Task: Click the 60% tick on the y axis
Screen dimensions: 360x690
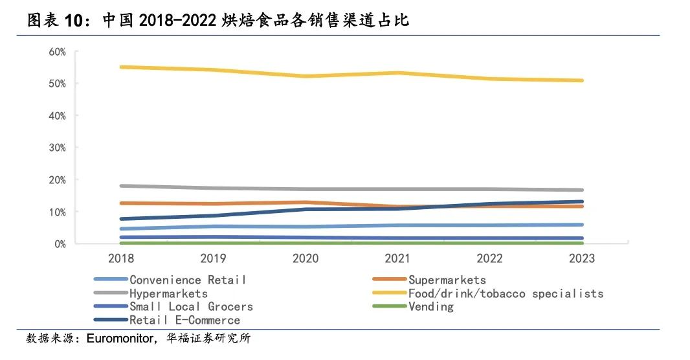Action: (57, 52)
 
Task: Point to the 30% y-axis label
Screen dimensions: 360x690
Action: (57, 148)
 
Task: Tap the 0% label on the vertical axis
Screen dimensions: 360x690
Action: (60, 244)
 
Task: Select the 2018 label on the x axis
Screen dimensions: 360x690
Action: (121, 258)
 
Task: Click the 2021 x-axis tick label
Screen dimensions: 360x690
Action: (397, 258)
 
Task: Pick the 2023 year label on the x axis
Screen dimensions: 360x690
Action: (581, 258)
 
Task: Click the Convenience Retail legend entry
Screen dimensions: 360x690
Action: (188, 280)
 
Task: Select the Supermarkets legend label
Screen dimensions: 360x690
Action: (447, 280)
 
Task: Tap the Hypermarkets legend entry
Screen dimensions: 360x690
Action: (168, 293)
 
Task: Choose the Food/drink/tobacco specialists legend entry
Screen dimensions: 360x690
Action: (506, 293)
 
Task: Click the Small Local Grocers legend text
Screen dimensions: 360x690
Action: (191, 306)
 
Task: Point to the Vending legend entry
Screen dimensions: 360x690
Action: (431, 306)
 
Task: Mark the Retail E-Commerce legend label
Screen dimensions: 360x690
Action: (184, 320)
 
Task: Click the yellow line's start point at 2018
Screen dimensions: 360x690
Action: (122, 67)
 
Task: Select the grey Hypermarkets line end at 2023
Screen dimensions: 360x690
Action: (582, 190)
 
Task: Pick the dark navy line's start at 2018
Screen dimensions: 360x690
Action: (122, 219)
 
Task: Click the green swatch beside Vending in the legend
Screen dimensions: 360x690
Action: (389, 306)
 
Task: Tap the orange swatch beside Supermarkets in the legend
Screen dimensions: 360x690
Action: (389, 280)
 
